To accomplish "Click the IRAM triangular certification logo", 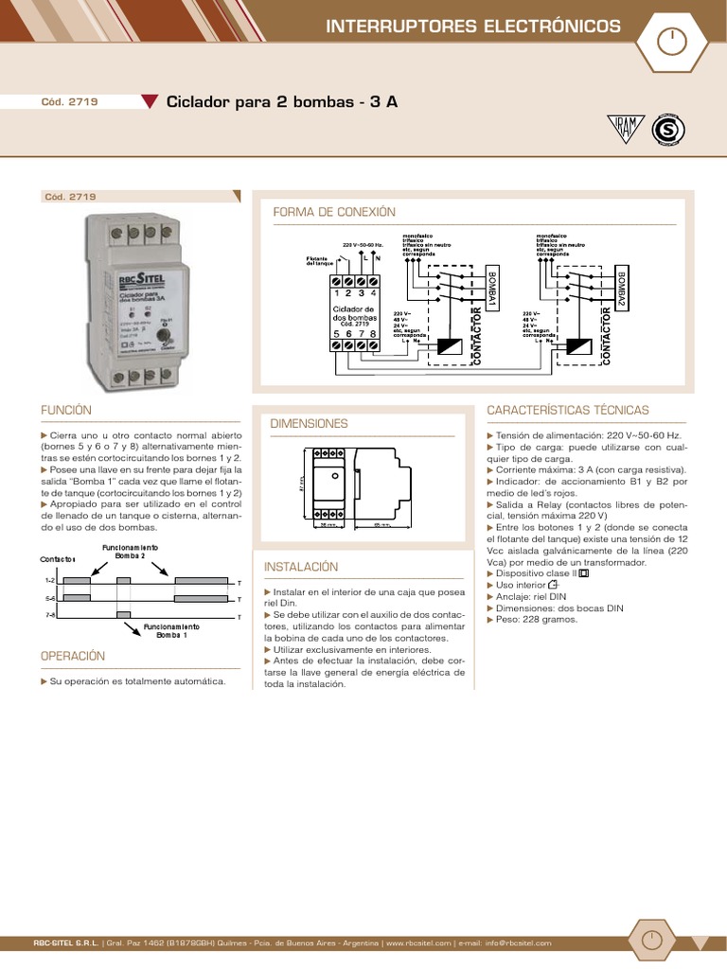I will [625, 130].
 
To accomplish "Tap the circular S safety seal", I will [668, 131].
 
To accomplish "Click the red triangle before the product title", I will [150, 102].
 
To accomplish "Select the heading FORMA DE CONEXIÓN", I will [334, 212].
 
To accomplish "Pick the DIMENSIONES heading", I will [310, 423].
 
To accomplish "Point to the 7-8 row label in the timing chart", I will [50, 615].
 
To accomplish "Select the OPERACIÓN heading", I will [73, 656].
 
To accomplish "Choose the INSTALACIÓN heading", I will [301, 566].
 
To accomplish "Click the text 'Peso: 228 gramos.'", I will [531, 620].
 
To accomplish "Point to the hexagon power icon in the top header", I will [670, 41].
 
